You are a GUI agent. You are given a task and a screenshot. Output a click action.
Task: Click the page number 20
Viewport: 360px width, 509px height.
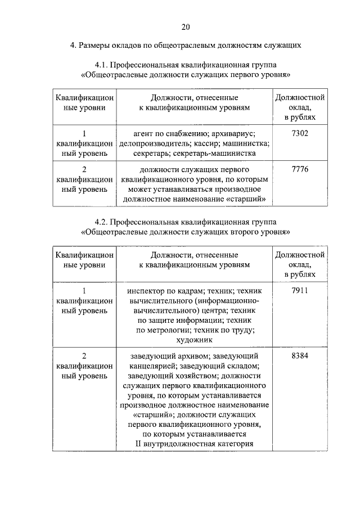tap(186, 26)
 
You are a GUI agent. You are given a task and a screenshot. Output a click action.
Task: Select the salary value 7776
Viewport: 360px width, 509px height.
tap(300, 169)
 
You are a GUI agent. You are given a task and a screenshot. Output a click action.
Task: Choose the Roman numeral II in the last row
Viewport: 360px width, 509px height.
tap(141, 444)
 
